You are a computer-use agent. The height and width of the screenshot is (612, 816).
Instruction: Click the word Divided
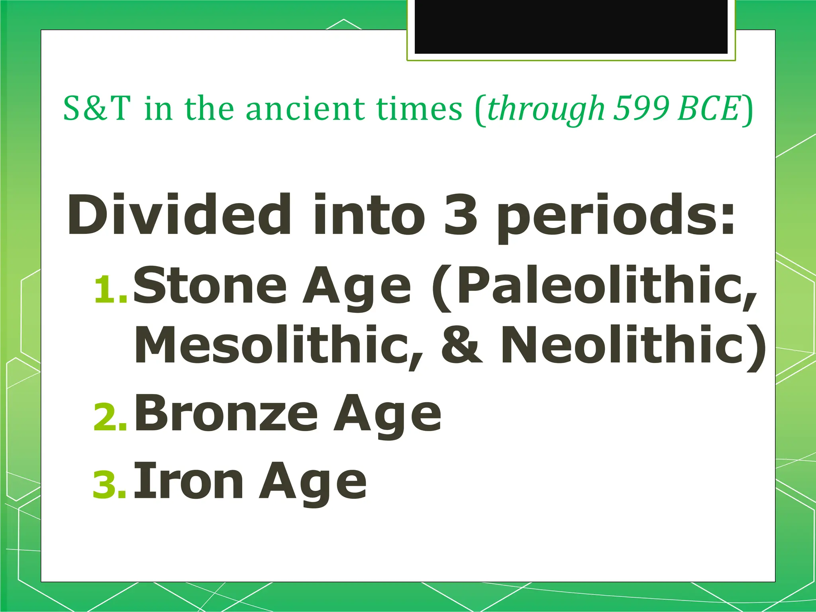(x=179, y=215)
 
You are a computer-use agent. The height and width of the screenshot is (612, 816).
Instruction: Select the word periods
(x=616, y=217)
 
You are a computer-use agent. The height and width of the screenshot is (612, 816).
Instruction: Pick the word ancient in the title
(x=305, y=108)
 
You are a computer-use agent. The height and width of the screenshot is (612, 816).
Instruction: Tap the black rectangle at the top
(x=571, y=26)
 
